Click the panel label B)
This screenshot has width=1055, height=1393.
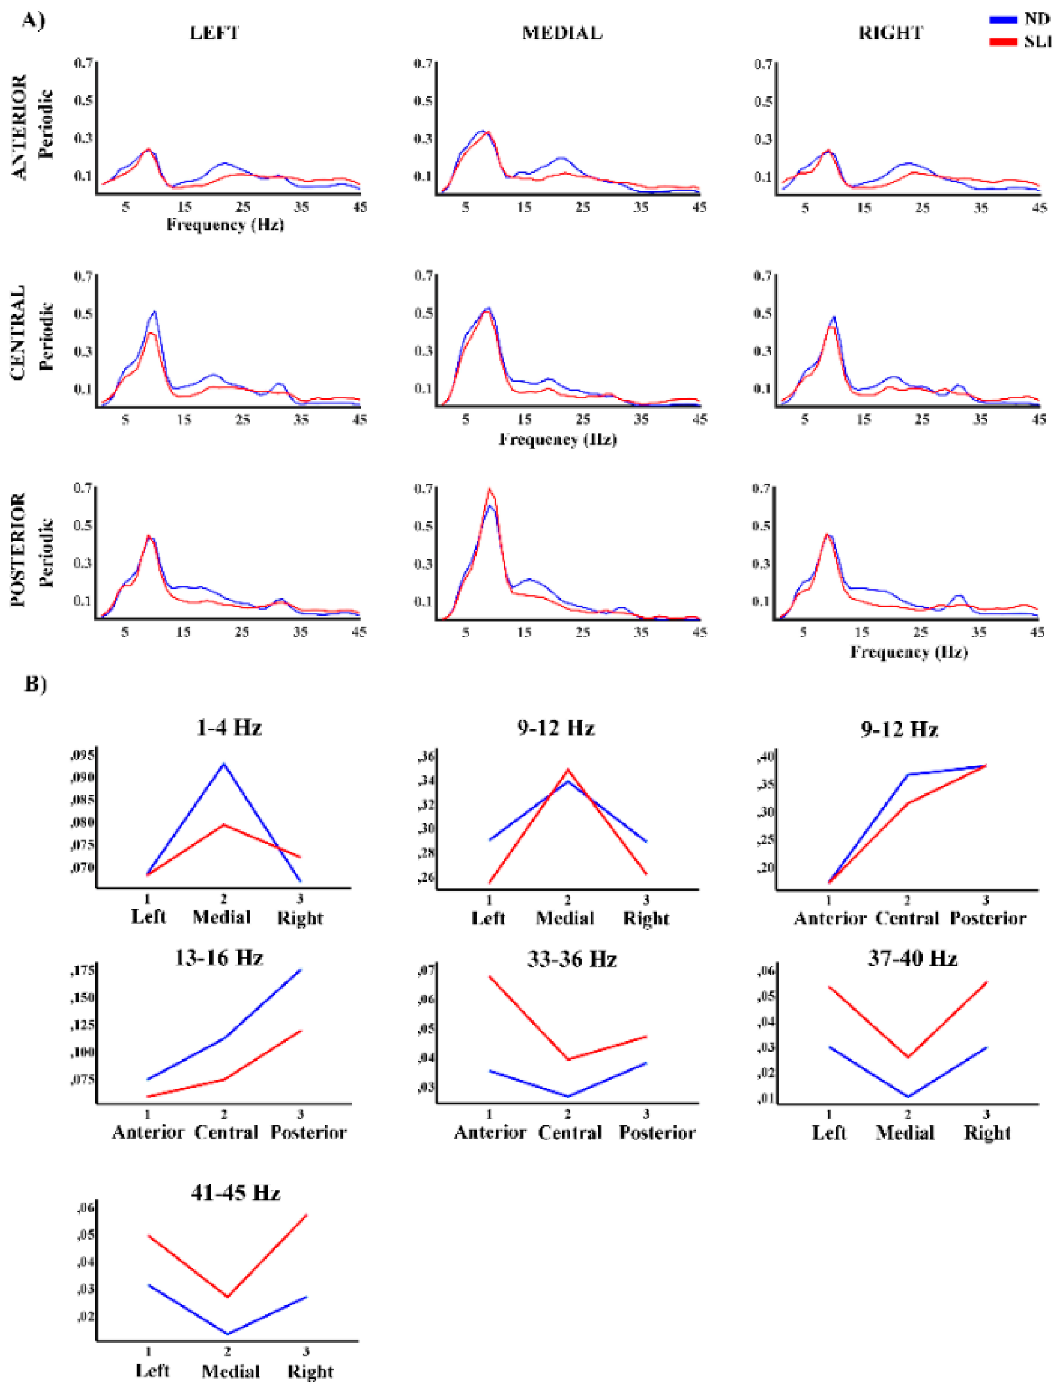coord(36,683)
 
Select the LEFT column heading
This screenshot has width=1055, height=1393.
coord(215,33)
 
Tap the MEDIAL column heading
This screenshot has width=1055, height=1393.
coord(562,33)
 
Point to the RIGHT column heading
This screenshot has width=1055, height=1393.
coord(890,33)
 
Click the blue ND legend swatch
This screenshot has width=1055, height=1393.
coord(1003,19)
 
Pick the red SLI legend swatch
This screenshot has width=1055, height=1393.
coord(1003,42)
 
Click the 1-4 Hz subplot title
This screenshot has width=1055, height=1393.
coord(229,728)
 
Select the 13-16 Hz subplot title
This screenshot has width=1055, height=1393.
coord(218,958)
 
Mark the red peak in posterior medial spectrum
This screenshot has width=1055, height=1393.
coord(489,489)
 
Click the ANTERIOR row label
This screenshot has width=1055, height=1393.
coord(19,126)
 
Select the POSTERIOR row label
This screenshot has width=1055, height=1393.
coord(19,550)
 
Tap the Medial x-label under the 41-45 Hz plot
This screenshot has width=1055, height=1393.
coord(231,1371)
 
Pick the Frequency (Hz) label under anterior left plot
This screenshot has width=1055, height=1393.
coord(225,225)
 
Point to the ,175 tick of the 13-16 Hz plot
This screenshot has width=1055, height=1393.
coord(83,970)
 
